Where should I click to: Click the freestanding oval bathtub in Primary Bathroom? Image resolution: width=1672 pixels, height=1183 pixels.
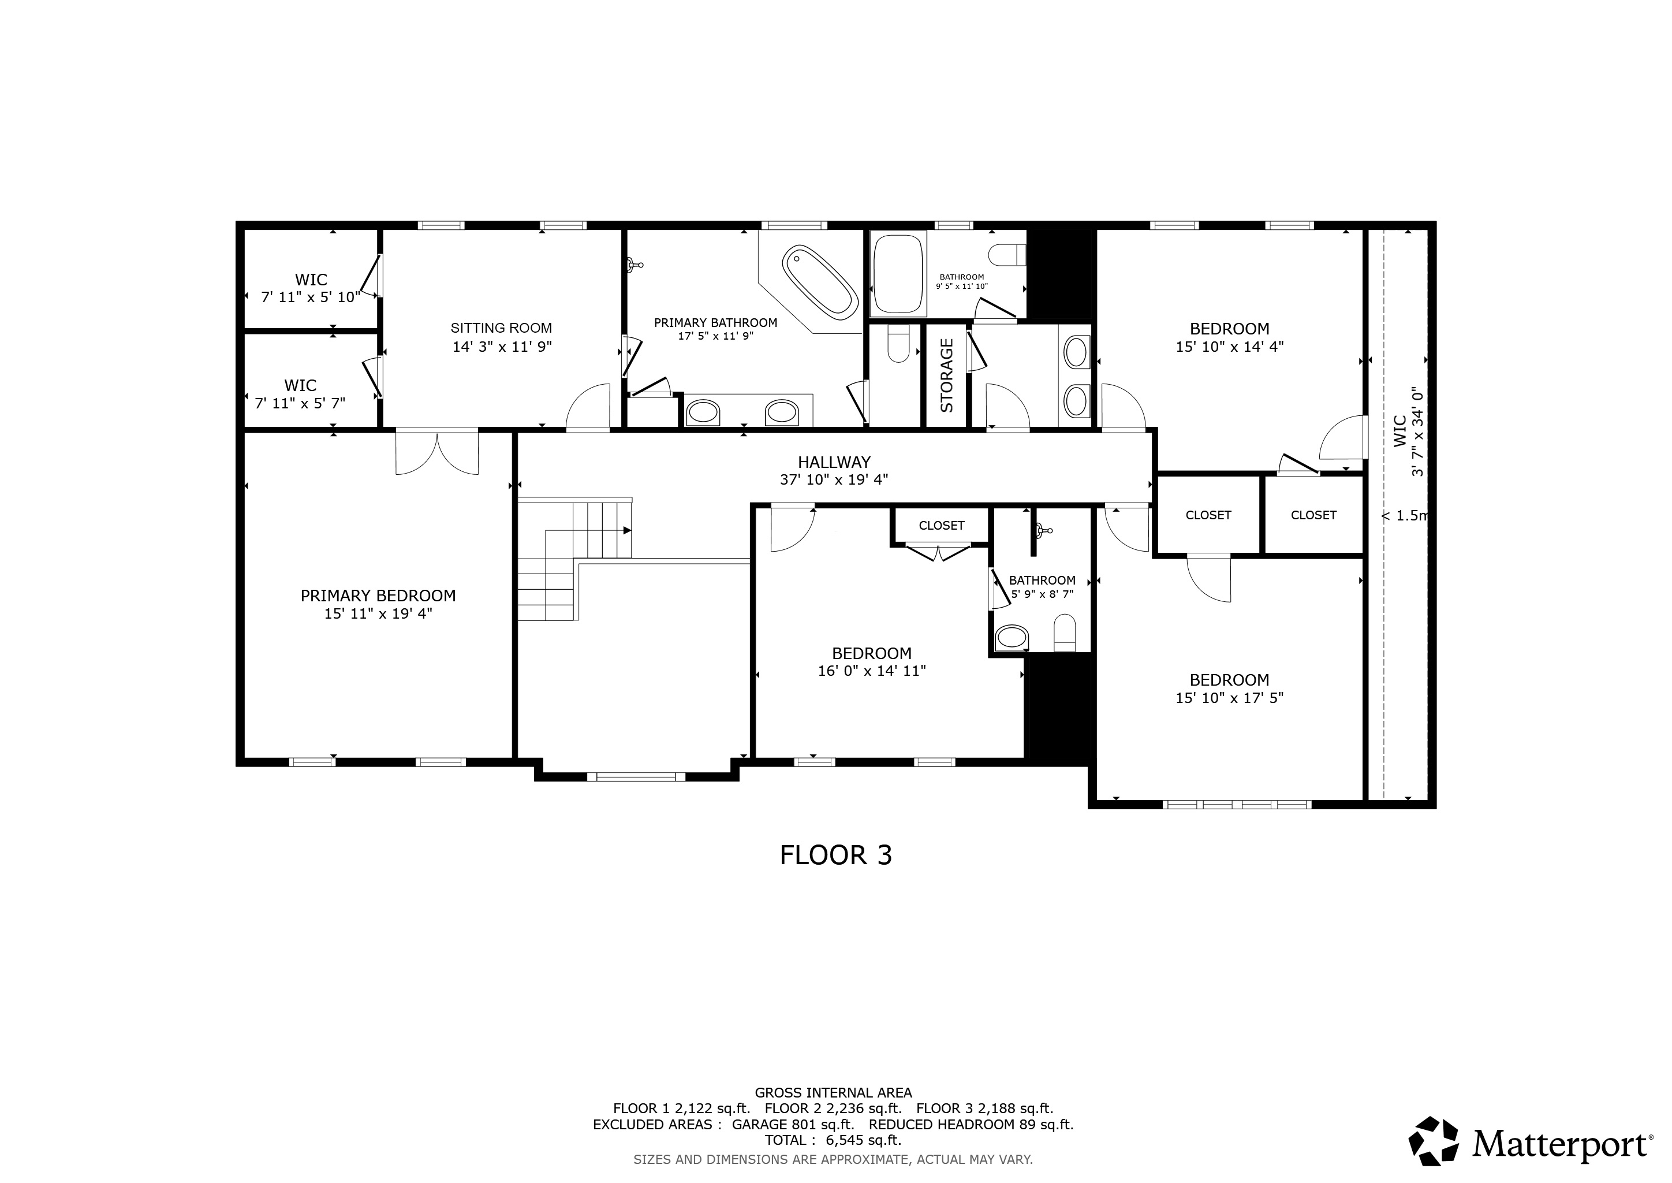820,282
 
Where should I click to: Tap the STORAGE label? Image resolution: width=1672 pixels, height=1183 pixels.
947,376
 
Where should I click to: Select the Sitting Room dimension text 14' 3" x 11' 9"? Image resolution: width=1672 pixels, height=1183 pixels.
502,347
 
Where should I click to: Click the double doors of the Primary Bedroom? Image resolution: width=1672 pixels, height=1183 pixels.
437,453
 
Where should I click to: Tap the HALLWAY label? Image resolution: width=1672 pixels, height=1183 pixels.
834,462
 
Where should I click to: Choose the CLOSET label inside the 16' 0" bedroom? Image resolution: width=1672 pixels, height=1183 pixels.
941,525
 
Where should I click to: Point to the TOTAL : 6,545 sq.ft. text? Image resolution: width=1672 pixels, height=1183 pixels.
833,1140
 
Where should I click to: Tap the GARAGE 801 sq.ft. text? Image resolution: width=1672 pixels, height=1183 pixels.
792,1124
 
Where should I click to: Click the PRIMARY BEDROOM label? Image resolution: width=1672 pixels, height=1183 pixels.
378,596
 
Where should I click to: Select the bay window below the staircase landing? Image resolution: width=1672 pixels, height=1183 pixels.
636,776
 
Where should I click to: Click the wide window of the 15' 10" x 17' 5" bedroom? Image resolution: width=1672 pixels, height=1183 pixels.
1237,804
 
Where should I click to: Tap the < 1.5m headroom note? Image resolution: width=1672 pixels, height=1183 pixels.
1405,516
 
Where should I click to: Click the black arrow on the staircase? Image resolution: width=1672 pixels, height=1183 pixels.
627,530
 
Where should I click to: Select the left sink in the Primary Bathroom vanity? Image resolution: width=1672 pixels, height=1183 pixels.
703,412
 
